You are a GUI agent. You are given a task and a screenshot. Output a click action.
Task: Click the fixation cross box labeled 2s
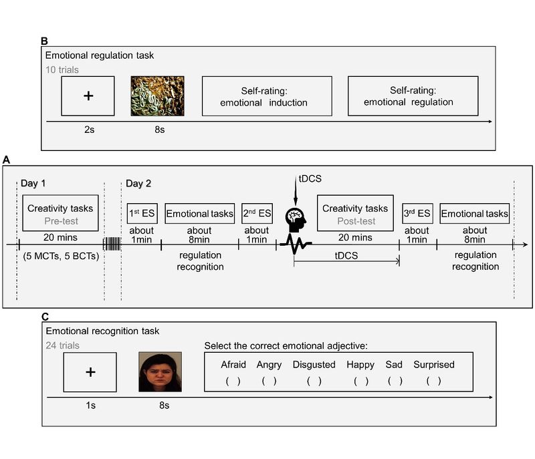click(x=88, y=96)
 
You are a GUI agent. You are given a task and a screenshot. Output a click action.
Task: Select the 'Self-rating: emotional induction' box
click(x=267, y=96)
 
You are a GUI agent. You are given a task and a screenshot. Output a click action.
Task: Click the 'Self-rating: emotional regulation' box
click(x=413, y=96)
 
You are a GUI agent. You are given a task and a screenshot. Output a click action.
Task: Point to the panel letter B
click(x=44, y=41)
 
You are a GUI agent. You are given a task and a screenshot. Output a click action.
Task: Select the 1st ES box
click(x=142, y=214)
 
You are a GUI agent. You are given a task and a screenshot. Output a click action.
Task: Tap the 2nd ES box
click(x=257, y=214)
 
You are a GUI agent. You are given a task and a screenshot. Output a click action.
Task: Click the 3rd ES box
click(x=417, y=214)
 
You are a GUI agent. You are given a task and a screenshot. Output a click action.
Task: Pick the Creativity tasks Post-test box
click(x=352, y=214)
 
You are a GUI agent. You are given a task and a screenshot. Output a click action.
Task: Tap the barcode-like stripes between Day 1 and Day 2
click(x=111, y=245)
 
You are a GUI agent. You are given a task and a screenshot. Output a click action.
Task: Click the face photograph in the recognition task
click(x=159, y=371)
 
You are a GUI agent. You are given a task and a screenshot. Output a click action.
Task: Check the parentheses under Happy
click(x=361, y=381)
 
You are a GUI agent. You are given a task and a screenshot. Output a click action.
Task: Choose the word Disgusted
click(x=314, y=365)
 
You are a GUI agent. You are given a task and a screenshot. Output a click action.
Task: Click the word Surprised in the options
click(x=433, y=365)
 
